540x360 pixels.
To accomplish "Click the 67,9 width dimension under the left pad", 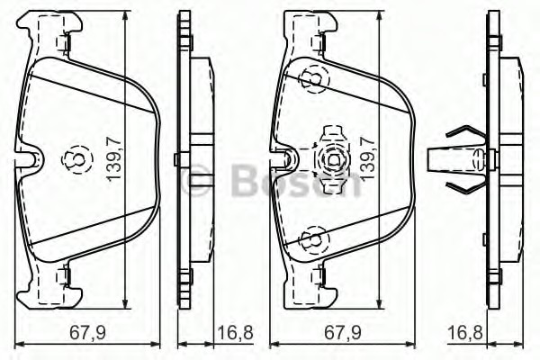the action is [x=87, y=333].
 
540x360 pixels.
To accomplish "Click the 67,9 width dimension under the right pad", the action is [x=343, y=333].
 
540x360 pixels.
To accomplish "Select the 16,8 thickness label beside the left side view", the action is [x=236, y=333].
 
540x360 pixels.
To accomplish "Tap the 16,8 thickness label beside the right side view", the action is [x=465, y=333].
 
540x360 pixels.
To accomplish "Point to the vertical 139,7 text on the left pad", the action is [x=114, y=157].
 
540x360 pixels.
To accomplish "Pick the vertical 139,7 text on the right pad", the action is [x=368, y=157].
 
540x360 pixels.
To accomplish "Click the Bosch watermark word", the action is [x=296, y=181].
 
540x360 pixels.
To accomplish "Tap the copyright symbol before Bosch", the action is [x=196, y=181].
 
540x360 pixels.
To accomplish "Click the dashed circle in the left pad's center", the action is [x=77, y=159].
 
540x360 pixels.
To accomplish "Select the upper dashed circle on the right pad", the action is [x=313, y=78].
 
